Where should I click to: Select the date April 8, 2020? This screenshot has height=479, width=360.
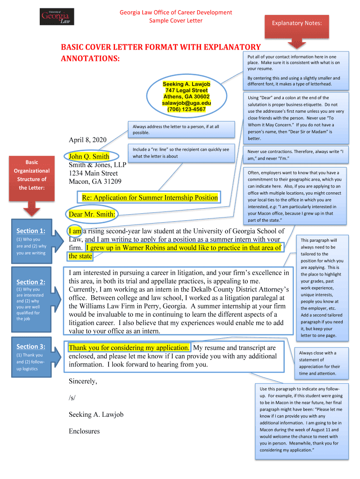click(x=88, y=140)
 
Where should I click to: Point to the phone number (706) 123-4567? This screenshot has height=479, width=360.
click(x=187, y=109)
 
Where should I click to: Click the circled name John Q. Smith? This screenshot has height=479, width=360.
click(x=89, y=157)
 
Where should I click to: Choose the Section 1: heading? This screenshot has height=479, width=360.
click(x=31, y=231)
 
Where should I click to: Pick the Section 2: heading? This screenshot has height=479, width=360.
click(x=31, y=282)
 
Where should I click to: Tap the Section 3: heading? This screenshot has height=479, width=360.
click(x=31, y=347)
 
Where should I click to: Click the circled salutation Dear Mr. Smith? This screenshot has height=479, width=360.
click(x=93, y=214)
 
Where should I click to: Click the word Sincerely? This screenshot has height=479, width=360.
click(x=83, y=381)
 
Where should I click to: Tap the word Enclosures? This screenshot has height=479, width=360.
click(x=84, y=431)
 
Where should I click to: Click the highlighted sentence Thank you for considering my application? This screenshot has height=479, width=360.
click(x=129, y=348)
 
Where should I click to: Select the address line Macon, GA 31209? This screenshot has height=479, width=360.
click(x=95, y=181)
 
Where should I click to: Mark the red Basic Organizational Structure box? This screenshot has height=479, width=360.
click(x=32, y=175)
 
